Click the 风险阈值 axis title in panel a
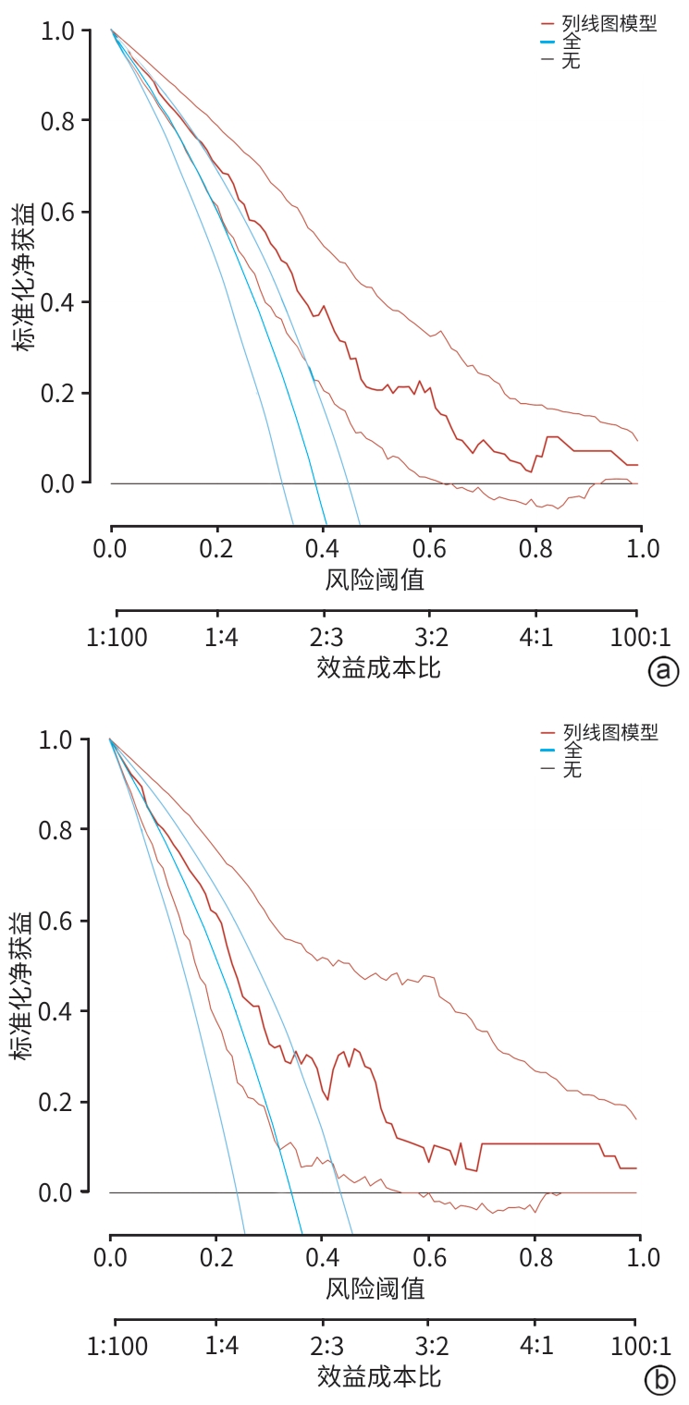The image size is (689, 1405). pyautogui.click(x=375, y=580)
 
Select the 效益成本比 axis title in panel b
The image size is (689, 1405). pyautogui.click(x=378, y=1375)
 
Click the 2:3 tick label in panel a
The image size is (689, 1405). pyautogui.click(x=324, y=637)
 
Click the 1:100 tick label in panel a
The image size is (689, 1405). pyautogui.click(x=117, y=637)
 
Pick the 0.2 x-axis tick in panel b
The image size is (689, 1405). pyautogui.click(x=216, y=1257)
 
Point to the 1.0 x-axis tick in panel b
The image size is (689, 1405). pyautogui.click(x=640, y=1257)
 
